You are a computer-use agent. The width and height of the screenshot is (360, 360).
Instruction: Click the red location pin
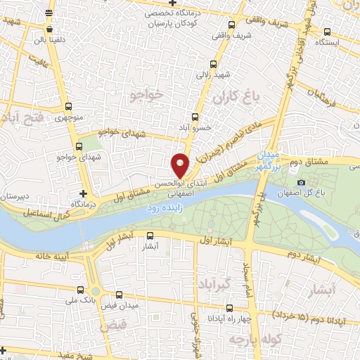pos(180,164)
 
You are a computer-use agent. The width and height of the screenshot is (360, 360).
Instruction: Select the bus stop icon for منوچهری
pos(67,107)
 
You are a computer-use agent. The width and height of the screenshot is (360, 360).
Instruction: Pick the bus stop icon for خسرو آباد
pos(195,118)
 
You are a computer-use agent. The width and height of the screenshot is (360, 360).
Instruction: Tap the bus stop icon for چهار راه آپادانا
pos(229,309)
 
